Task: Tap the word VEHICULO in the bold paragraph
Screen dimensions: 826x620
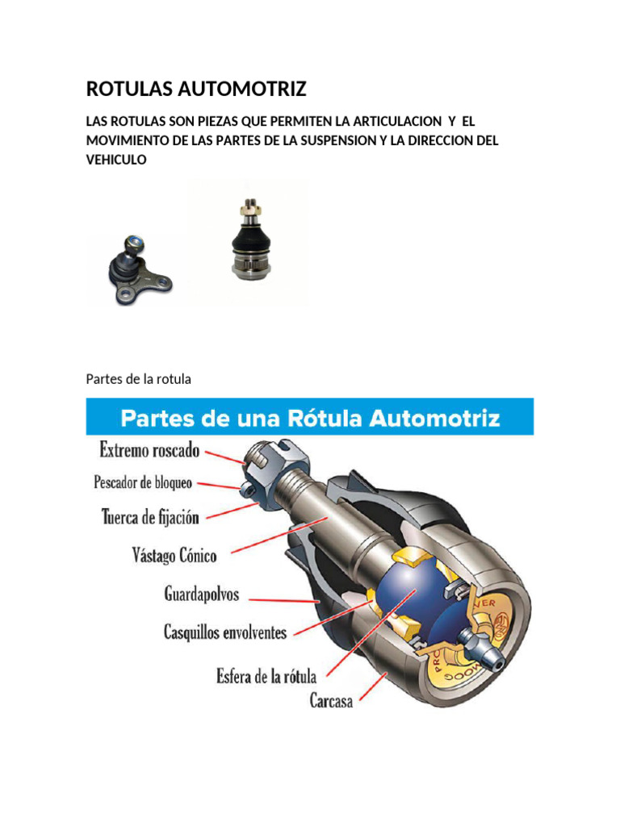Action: [115, 160]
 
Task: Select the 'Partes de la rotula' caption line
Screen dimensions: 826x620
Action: [137, 378]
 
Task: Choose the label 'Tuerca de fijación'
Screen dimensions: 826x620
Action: [150, 515]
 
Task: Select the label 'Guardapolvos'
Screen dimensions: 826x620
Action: [202, 595]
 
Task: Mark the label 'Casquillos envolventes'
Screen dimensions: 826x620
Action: [225, 632]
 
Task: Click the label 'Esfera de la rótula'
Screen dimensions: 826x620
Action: [266, 675]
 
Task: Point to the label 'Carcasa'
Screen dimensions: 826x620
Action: [331, 701]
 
